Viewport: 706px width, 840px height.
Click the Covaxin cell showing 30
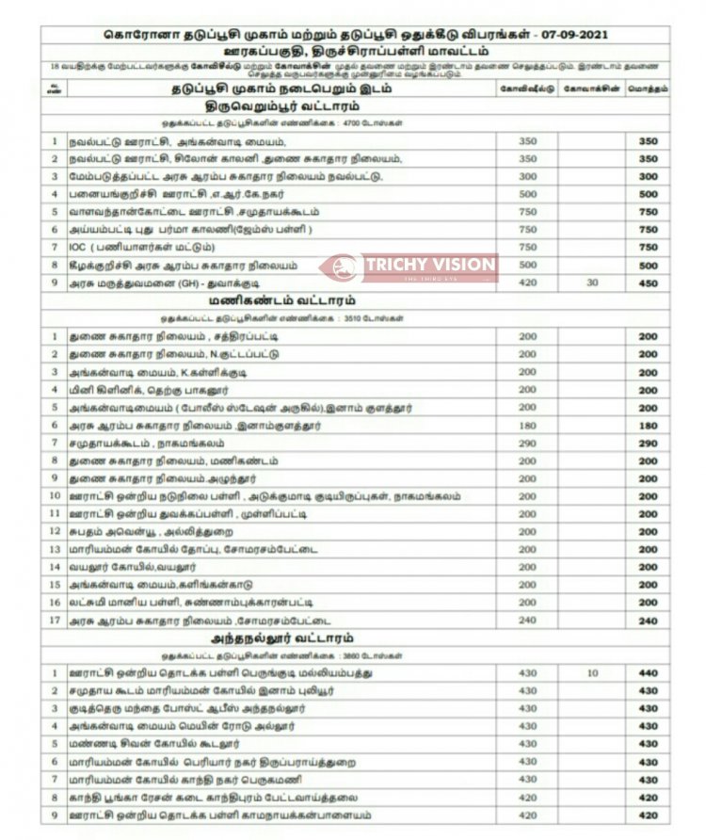pyautogui.click(x=590, y=283)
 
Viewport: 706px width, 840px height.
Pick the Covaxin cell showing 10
pyautogui.click(x=590, y=673)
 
